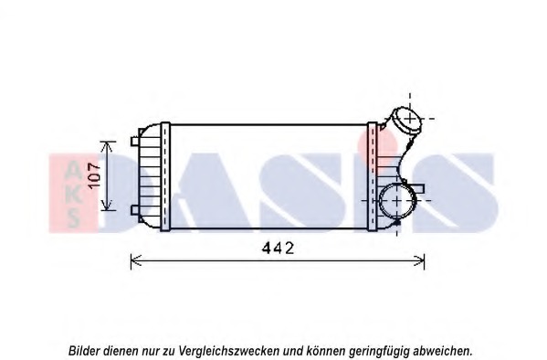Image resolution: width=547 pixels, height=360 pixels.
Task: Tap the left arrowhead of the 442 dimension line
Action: pyautogui.click(x=135, y=261)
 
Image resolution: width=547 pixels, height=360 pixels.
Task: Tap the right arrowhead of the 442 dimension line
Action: pyautogui.click(x=421, y=261)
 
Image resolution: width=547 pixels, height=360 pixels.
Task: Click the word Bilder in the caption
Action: pyautogui.click(x=85, y=350)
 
